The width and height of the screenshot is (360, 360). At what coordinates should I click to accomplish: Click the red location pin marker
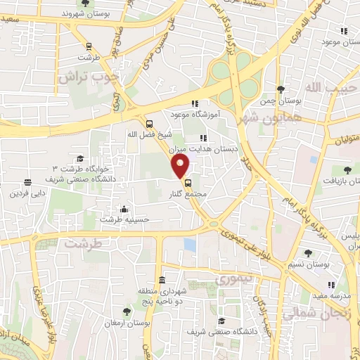[181, 167]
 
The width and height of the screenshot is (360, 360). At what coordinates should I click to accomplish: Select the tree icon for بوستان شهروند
[86, 3]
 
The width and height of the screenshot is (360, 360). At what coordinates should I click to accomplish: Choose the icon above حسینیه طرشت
[124, 209]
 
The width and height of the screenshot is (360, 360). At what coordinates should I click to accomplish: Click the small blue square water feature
[189, 244]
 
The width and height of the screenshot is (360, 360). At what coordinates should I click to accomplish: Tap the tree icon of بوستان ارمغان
[127, 311]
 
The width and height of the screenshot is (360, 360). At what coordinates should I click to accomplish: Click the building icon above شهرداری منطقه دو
[162, 280]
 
